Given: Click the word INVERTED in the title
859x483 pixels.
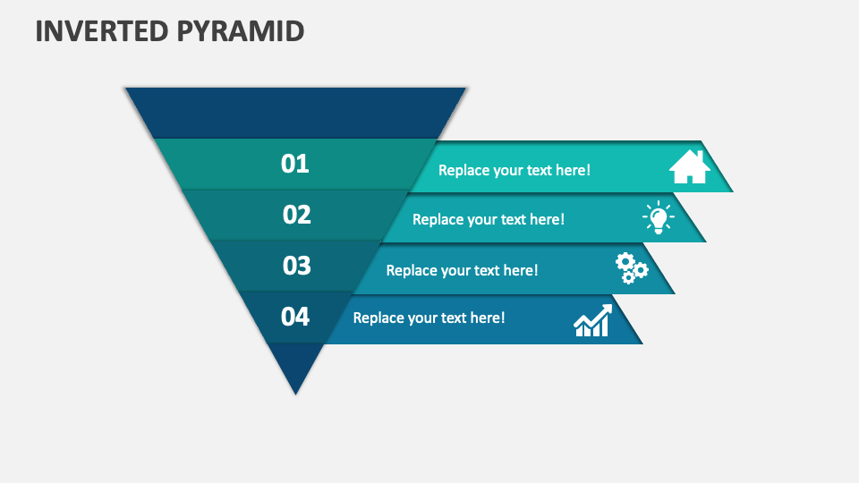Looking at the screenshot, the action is pyautogui.click(x=102, y=31).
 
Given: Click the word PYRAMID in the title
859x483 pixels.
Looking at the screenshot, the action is pyautogui.click(x=241, y=31).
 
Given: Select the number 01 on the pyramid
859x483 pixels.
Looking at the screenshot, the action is pyautogui.click(x=294, y=164).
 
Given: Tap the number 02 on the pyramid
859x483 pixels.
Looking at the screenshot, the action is pyautogui.click(x=296, y=215).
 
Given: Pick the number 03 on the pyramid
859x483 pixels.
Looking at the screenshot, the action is pyautogui.click(x=296, y=266).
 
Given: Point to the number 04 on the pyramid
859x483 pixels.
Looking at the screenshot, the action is pyautogui.click(x=294, y=317).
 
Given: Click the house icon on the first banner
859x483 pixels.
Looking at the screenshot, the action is pyautogui.click(x=690, y=167).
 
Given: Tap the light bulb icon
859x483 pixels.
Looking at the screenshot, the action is pyautogui.click(x=659, y=217).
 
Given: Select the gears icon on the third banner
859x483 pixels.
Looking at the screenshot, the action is pyautogui.click(x=632, y=268).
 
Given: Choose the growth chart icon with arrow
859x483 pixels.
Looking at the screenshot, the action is pyautogui.click(x=592, y=321).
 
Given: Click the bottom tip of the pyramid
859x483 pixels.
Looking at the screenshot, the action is pyautogui.click(x=296, y=394).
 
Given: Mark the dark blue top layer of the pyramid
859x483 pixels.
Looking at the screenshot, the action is pyautogui.click(x=296, y=113).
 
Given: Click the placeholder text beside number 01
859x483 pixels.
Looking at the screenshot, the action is pyautogui.click(x=515, y=170).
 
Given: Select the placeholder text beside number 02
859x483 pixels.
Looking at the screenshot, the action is pyautogui.click(x=489, y=220).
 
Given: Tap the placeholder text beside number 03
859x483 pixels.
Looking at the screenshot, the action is pyautogui.click(x=462, y=270).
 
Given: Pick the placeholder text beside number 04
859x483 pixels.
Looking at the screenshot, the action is pyautogui.click(x=429, y=318).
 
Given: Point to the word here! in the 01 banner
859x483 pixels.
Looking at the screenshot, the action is pyautogui.click(x=573, y=170).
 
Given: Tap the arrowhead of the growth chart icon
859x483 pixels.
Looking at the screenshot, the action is pyautogui.click(x=606, y=310).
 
